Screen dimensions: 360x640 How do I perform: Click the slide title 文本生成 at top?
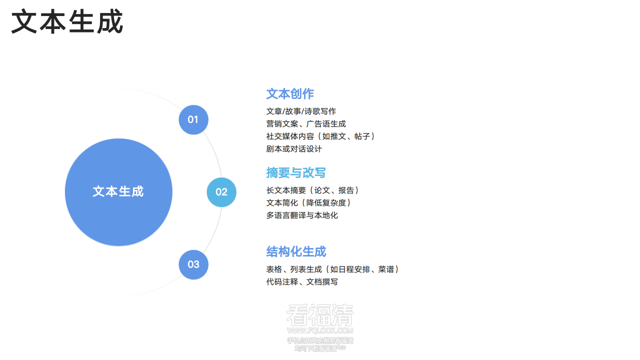pos(67,22)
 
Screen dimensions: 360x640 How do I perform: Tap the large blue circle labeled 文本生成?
pos(118,192)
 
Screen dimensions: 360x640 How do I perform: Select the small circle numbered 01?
pos(193,120)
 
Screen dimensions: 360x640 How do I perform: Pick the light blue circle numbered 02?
pos(221,192)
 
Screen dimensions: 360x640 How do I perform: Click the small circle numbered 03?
pos(193,264)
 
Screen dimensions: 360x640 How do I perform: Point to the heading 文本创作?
pos(290,94)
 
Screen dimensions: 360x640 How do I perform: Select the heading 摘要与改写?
pos(296,173)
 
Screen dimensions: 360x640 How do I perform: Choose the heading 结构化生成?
pos(296,251)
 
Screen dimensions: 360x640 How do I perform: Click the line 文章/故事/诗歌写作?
pos(301,111)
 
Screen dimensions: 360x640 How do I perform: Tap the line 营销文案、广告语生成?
pos(306,124)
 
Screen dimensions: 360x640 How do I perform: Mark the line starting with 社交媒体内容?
pos(320,136)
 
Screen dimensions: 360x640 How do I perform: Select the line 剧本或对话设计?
pos(294,149)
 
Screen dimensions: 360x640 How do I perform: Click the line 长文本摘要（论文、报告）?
pos(313,190)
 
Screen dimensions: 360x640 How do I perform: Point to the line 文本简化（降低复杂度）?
pos(309,203)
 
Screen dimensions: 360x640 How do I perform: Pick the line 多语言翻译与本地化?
pos(302,215)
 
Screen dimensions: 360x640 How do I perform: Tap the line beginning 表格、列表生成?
pos(332,269)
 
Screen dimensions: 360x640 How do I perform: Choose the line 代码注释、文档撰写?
pos(302,282)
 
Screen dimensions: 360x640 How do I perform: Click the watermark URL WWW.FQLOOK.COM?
pos(320,330)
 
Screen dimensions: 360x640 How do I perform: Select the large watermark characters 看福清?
pos(320,315)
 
